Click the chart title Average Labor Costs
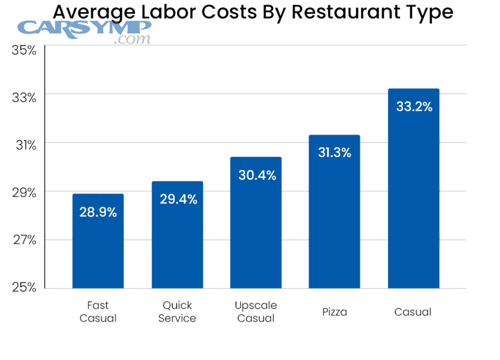point(253,12)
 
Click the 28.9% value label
point(98,212)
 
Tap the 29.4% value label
point(178,199)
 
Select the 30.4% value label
point(257,176)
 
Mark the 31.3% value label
point(334,153)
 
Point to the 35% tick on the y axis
point(24,50)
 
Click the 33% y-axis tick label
point(24,97)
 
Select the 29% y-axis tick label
point(24,193)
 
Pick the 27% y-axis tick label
point(24,240)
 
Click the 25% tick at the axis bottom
point(24,287)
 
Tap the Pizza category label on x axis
point(334,312)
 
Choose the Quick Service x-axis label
point(177,312)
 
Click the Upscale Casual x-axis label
point(256,312)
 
